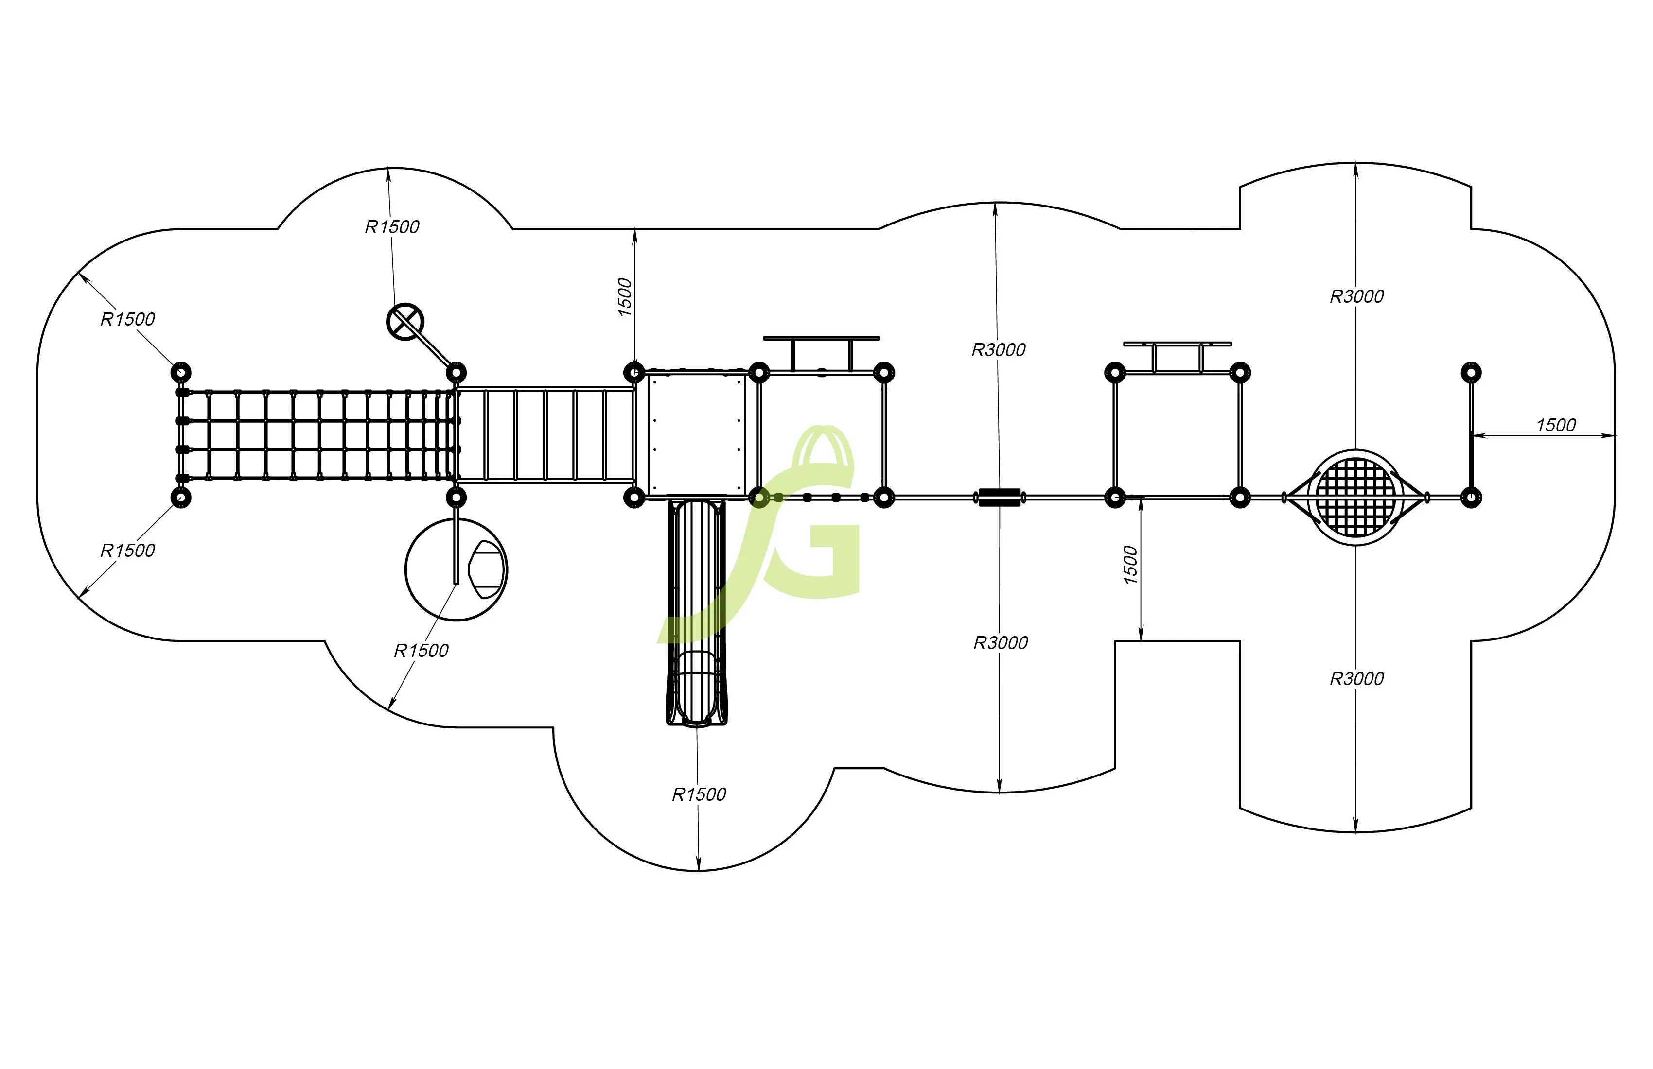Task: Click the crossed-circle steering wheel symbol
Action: coord(405,321)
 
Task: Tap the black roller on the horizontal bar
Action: coord(1000,497)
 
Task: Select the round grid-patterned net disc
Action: coord(1355,497)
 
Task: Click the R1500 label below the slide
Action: coord(699,794)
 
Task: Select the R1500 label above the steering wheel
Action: coord(392,227)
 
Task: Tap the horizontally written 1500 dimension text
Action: coord(1556,425)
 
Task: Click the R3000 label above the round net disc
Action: coord(1356,296)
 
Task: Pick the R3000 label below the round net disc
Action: coord(1356,678)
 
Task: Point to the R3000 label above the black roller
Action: coord(998,350)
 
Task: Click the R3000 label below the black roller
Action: coord(1000,643)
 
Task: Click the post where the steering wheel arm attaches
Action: coord(456,372)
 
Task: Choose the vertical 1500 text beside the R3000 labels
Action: coord(1130,564)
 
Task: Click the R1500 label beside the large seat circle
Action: coord(421,651)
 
